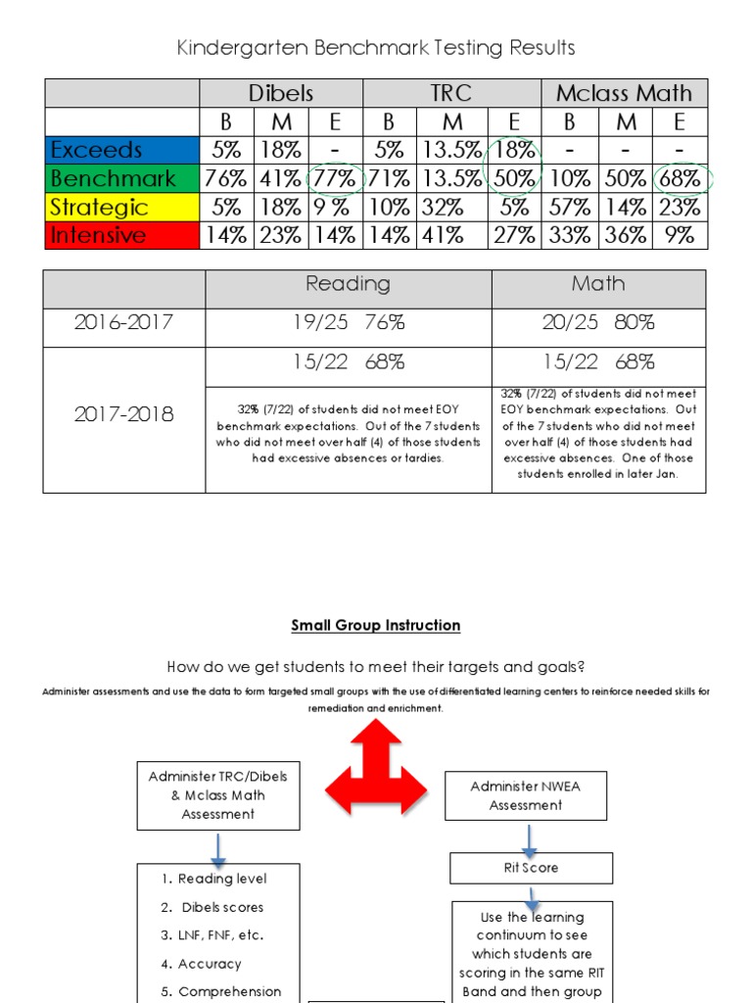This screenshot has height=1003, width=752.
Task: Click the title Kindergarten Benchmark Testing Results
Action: click(x=375, y=47)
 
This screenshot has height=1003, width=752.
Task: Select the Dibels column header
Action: click(x=281, y=93)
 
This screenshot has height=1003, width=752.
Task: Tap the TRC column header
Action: click(x=451, y=93)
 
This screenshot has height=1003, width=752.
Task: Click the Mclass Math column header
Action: click(x=624, y=93)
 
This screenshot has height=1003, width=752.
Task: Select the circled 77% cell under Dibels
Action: click(x=336, y=178)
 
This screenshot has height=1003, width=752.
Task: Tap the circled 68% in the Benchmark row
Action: click(x=680, y=178)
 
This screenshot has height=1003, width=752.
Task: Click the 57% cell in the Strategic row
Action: click(x=569, y=207)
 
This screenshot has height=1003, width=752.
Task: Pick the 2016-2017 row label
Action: click(x=124, y=322)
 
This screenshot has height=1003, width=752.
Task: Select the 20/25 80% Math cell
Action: click(x=598, y=322)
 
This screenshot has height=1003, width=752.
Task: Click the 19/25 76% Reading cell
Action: click(x=348, y=322)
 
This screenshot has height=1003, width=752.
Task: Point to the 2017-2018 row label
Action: click(x=124, y=414)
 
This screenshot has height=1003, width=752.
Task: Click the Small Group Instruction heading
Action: click(x=375, y=625)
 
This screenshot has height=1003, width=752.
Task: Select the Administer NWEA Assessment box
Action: click(x=526, y=795)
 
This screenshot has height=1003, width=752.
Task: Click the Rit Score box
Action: click(x=531, y=868)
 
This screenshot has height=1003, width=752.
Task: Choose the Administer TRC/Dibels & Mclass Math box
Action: click(x=218, y=794)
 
